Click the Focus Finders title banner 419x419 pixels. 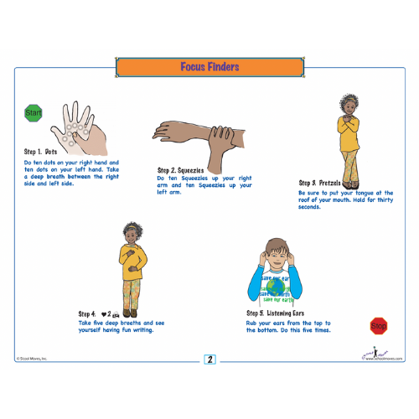209,66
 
